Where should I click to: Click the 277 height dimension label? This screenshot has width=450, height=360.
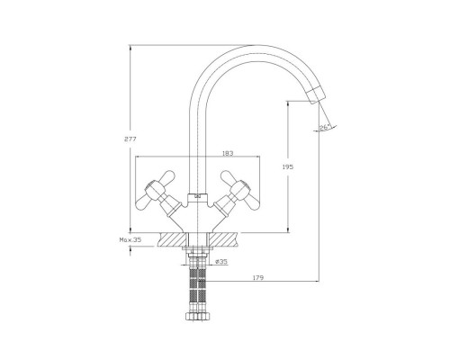[x=130, y=139]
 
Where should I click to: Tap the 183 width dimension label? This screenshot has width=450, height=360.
[x=228, y=153]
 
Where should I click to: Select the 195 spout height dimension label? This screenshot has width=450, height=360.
[x=288, y=167]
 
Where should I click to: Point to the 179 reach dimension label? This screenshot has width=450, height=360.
[x=257, y=278]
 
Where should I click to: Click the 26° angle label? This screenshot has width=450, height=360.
[x=325, y=128]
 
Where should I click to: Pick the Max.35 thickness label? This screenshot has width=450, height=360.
[x=130, y=239]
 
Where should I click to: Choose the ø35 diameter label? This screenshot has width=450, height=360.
[x=221, y=262]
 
